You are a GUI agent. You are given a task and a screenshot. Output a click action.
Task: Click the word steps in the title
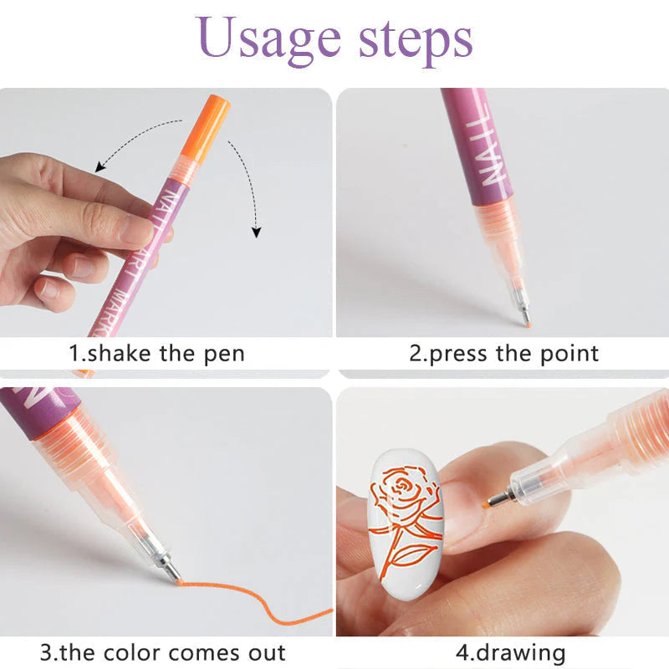[412, 39]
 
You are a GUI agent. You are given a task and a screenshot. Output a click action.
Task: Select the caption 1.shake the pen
[156, 353]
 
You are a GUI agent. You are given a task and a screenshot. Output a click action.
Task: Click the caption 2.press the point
[504, 353]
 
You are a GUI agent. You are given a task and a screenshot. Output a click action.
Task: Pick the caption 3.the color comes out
[163, 652]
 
